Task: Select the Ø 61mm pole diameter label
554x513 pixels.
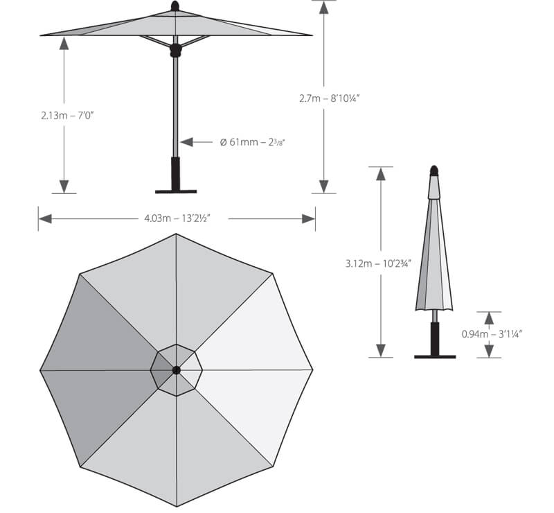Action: click(x=253, y=142)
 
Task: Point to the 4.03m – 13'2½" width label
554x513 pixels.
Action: click(x=177, y=218)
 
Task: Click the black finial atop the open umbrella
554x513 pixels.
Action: click(x=175, y=6)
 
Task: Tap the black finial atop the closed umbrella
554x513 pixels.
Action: click(x=434, y=171)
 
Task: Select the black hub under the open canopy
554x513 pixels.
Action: click(x=175, y=50)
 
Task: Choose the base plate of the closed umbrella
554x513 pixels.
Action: click(x=435, y=356)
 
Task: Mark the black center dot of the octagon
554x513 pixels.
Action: click(x=177, y=370)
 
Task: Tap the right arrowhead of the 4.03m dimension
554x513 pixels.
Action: click(x=308, y=218)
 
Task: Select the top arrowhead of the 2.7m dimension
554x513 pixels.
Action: click(x=323, y=8)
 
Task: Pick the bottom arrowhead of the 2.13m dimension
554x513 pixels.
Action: click(x=64, y=186)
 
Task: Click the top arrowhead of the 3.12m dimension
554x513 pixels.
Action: click(x=380, y=173)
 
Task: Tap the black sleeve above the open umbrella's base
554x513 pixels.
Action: click(x=176, y=173)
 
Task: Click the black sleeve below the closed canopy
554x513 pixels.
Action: click(x=435, y=338)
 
